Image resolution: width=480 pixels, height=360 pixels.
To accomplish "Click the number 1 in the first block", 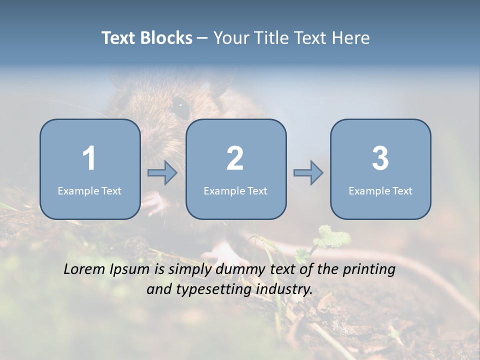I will (89, 158).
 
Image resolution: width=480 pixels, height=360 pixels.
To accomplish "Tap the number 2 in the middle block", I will (235, 158).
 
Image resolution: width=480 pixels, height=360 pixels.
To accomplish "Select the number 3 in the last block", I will (380, 158).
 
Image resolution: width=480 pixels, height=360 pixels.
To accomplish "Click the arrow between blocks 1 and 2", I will (162, 173).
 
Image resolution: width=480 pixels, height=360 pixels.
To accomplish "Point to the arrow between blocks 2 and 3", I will (308, 173).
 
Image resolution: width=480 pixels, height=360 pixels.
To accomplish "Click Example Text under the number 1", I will (89, 191).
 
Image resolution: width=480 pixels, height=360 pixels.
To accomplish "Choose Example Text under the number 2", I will (235, 191).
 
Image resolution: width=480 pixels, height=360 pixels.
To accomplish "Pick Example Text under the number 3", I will (380, 191).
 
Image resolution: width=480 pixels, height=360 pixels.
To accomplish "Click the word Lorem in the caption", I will (85, 269).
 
